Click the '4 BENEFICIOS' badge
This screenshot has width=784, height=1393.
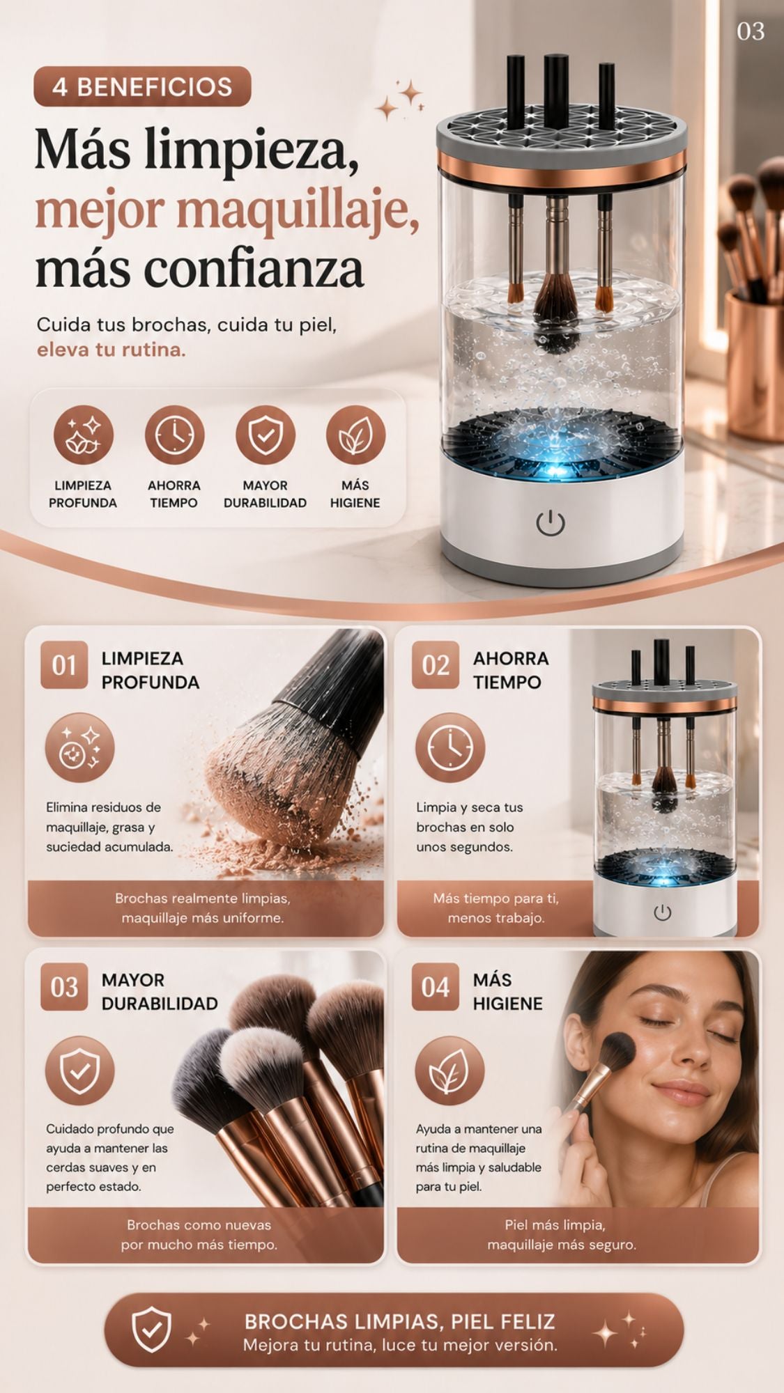[x=142, y=86]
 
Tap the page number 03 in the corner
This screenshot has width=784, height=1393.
[x=751, y=31]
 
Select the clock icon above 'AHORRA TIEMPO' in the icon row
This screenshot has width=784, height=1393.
[x=174, y=435]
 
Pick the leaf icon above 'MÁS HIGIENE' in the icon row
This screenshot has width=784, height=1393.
[x=355, y=435]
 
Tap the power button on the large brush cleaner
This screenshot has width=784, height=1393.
[x=551, y=522]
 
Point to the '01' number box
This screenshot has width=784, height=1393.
[x=64, y=665]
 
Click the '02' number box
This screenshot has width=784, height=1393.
[x=436, y=665]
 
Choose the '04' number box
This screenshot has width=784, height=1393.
[x=436, y=987]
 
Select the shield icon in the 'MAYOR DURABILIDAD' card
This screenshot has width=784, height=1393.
[x=79, y=1071]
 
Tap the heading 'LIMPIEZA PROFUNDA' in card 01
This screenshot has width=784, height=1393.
[x=151, y=670]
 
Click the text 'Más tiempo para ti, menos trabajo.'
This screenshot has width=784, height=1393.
[x=495, y=908]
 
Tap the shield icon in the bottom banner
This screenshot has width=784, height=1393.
[x=151, y=1329]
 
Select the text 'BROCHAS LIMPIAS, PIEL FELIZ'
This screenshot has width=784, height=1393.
[x=400, y=1321]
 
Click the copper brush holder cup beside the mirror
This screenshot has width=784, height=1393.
[x=754, y=362]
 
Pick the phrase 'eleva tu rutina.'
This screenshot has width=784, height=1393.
[x=112, y=349]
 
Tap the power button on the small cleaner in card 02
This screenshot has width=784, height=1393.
[x=663, y=912]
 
